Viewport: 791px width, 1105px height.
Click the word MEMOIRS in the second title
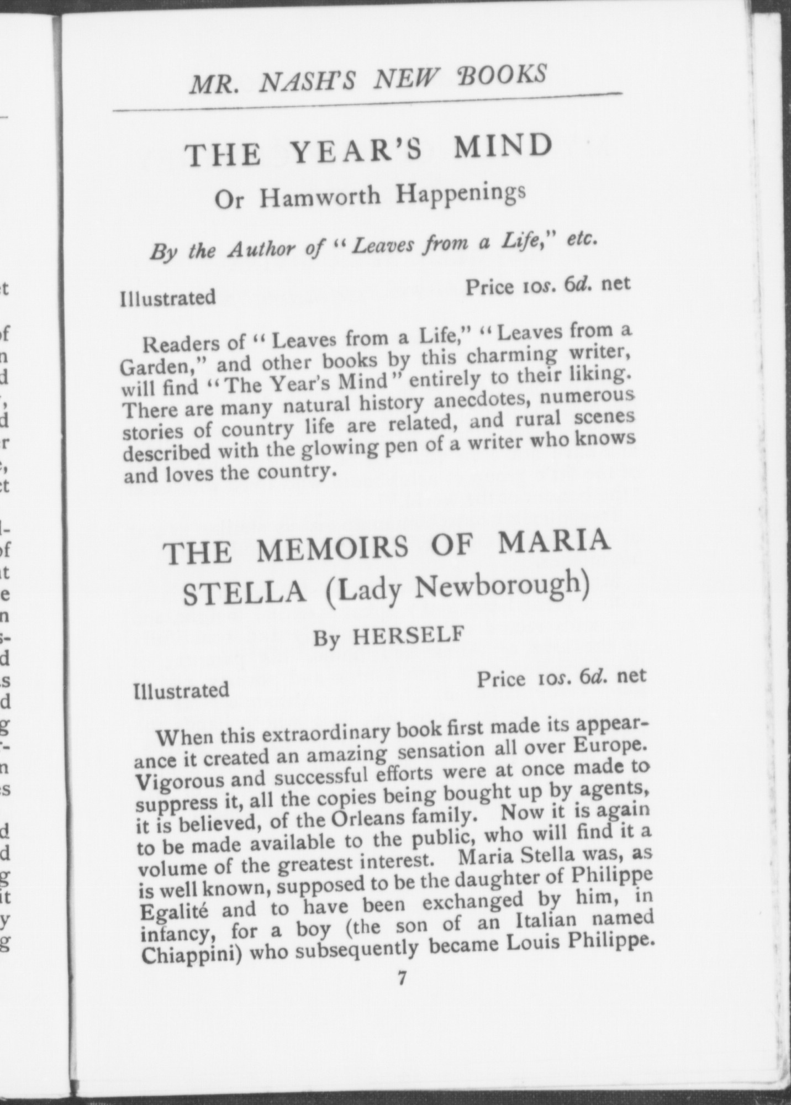[x=333, y=548]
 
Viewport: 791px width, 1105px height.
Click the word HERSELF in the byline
[x=407, y=636]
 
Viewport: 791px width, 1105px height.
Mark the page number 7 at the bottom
[x=402, y=978]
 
